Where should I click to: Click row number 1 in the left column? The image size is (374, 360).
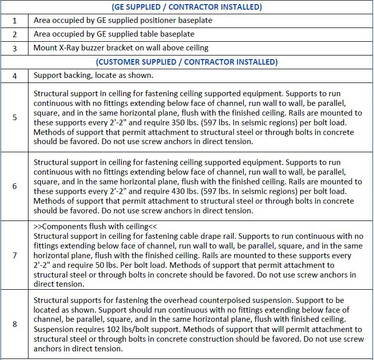[x=14, y=21]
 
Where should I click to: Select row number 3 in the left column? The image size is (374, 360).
[x=14, y=48]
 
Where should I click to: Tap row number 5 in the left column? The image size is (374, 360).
[x=14, y=118]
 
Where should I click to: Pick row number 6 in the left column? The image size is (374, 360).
[x=14, y=186]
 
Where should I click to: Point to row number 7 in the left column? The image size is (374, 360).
[x=14, y=255]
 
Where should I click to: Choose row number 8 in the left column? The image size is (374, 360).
[x=14, y=324]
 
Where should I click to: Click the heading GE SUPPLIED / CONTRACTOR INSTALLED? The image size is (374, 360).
[x=186, y=7]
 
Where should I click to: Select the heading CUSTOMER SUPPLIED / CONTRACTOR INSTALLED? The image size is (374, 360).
[x=186, y=62]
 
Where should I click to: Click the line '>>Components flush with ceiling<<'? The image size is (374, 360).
[x=93, y=226]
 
